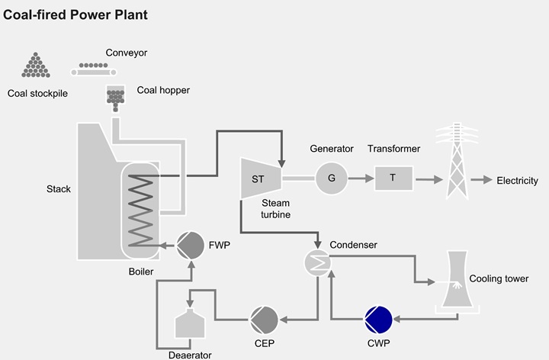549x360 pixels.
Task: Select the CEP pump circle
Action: [263, 318]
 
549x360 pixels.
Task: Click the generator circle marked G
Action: [331, 178]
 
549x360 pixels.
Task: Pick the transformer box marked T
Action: [393, 178]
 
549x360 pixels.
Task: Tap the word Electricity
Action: [517, 181]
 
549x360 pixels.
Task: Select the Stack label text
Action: [59, 188]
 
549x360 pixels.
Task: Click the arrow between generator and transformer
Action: [361, 178]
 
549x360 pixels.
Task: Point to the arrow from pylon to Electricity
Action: [481, 181]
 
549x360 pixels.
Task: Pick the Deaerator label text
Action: [190, 354]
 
